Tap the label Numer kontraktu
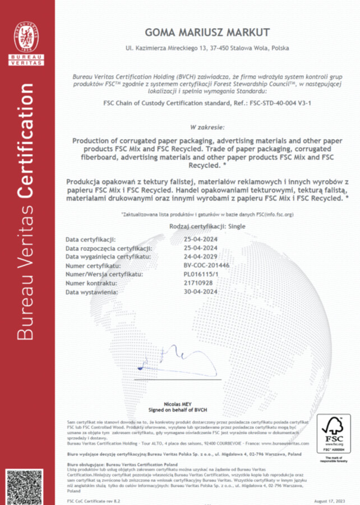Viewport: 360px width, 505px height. point(92,283)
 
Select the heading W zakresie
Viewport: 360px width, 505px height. point(207,128)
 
